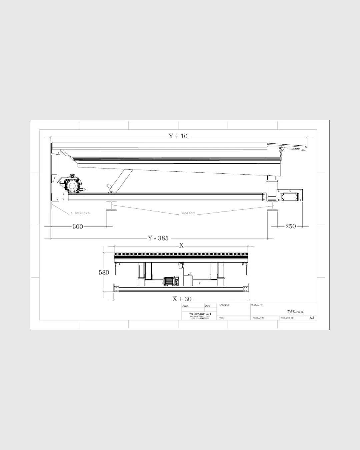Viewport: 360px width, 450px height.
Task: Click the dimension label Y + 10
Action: [178, 136]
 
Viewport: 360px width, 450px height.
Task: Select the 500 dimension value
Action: [78, 227]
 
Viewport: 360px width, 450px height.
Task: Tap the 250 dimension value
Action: [290, 226]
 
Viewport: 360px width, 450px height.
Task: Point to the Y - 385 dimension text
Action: [158, 238]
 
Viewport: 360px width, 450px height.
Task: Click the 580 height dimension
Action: [104, 272]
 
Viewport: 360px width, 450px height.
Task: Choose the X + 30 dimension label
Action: [182, 299]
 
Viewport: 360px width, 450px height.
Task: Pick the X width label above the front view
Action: [181, 245]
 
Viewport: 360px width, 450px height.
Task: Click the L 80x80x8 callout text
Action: [80, 213]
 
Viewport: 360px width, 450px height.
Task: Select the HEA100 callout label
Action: [188, 213]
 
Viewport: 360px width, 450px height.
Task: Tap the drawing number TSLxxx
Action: [295, 312]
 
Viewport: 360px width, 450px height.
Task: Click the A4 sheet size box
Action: [312, 318]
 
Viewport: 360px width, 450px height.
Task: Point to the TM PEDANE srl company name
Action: [200, 314]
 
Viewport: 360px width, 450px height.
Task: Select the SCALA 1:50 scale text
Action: [259, 318]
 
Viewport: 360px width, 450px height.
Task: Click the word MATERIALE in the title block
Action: [224, 305]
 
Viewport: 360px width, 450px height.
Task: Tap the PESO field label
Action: [221, 318]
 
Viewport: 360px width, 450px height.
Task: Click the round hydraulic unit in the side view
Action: [71, 185]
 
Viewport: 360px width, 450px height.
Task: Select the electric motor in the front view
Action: [170, 282]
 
